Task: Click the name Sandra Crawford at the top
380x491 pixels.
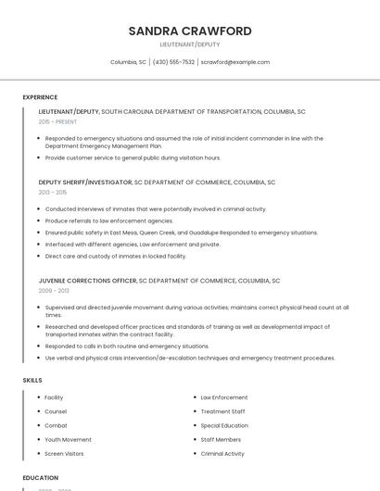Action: [x=190, y=31]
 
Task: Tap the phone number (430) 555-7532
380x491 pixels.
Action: [x=173, y=62]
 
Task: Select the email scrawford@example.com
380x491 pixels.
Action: [x=235, y=62]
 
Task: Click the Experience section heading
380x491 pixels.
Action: [x=40, y=97]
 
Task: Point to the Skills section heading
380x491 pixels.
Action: [x=32, y=380]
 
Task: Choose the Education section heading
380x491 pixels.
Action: [x=41, y=478]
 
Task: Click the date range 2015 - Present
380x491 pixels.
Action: [x=57, y=121]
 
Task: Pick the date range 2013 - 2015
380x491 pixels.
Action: [x=53, y=192]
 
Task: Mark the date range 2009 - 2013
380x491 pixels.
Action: [x=53, y=291]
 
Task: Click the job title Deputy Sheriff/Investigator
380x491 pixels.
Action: [x=85, y=183]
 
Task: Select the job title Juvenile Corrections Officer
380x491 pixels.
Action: [x=87, y=281]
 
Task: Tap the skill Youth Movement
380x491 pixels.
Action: [x=68, y=440]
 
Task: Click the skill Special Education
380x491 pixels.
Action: [x=224, y=426]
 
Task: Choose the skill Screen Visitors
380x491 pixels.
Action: [x=64, y=454]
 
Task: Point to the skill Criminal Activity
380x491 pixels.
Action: [x=222, y=454]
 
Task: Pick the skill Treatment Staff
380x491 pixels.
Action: [x=222, y=411]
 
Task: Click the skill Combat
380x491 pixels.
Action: [x=56, y=426]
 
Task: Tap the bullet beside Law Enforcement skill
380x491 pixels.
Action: [x=193, y=397]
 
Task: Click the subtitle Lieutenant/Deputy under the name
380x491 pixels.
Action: [x=190, y=44]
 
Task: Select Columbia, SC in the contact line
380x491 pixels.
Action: [x=128, y=62]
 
